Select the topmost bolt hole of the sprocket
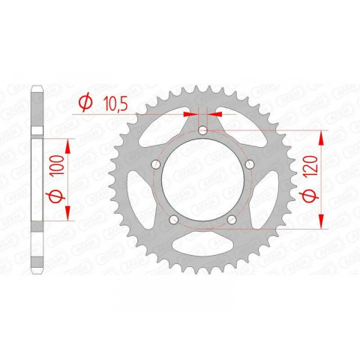tap(203, 133)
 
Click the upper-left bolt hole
tap(155, 166)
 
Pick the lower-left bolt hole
tap(173, 220)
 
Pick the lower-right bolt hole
tap(232, 220)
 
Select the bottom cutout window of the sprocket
tap(202, 247)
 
